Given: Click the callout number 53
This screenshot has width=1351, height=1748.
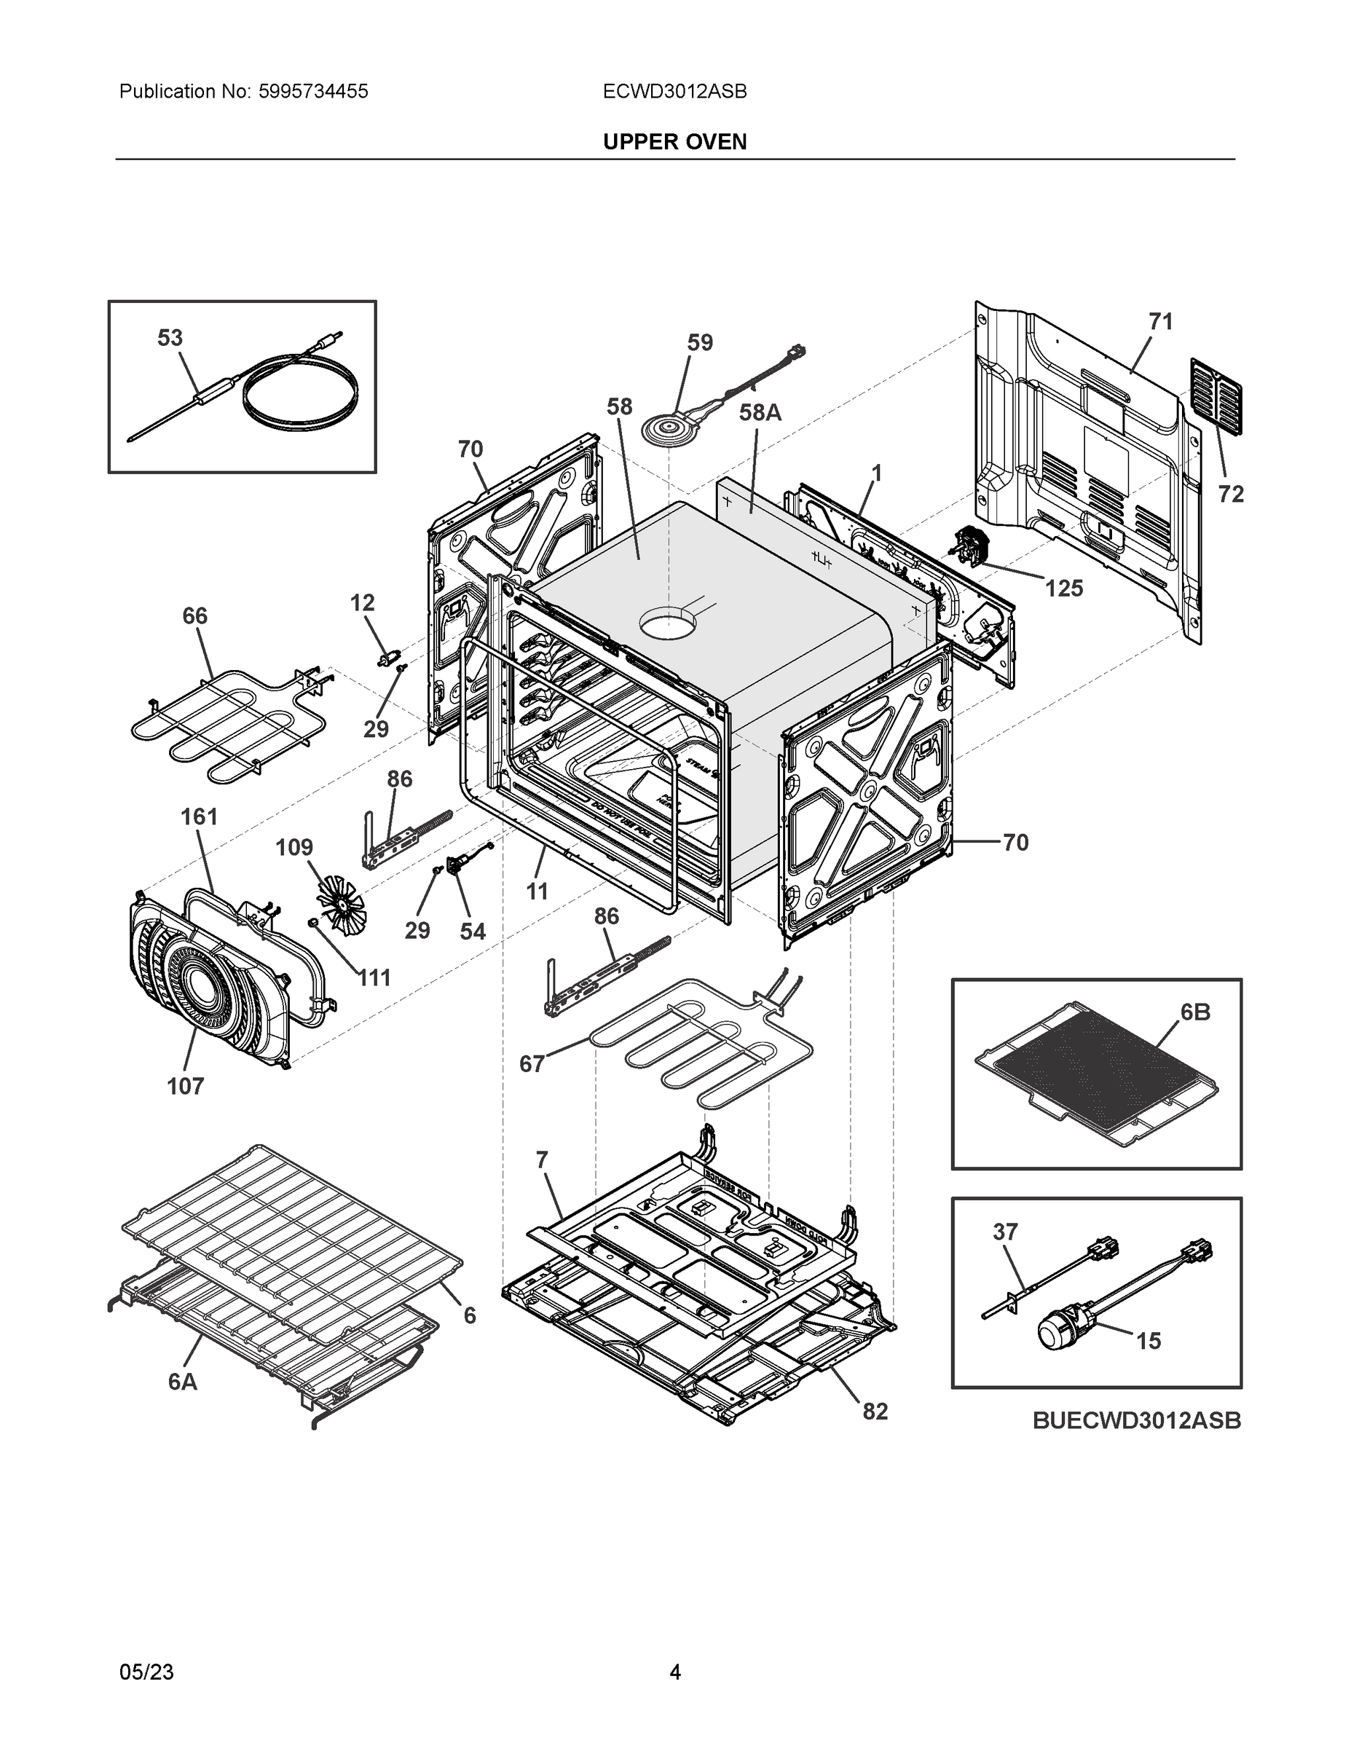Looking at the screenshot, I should click(x=170, y=338).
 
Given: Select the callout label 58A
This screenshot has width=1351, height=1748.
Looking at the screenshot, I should click(x=759, y=412).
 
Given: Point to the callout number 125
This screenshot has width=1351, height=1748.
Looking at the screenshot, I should click(x=1063, y=588).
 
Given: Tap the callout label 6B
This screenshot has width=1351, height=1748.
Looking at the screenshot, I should click(x=1195, y=1012).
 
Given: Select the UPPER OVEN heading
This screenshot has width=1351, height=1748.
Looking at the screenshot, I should click(x=674, y=142).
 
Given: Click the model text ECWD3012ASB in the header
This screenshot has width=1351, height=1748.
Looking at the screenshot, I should click(x=674, y=91).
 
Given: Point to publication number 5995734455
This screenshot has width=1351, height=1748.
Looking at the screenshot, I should click(x=313, y=91).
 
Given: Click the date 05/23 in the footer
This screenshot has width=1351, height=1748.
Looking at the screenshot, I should click(x=146, y=1672).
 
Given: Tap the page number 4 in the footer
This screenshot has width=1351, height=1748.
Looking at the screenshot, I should click(x=674, y=1672).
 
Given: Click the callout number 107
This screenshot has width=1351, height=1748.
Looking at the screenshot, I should click(x=185, y=1086).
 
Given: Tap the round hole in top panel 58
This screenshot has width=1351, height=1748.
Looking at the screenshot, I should click(x=668, y=623).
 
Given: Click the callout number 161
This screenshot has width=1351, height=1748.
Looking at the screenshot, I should click(x=199, y=816).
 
